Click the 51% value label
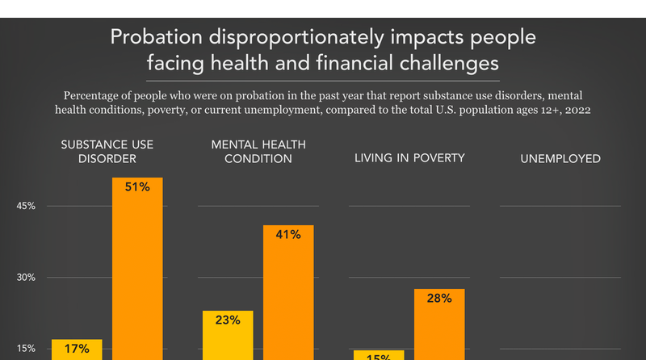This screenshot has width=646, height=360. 137,187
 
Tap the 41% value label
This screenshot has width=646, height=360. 288,235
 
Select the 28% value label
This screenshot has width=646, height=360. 439,299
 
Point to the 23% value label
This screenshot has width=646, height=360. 228,320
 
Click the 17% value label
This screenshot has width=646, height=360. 77,349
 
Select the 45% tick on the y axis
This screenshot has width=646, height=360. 26,206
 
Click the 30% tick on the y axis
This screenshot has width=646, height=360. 26,278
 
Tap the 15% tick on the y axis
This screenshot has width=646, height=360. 26,349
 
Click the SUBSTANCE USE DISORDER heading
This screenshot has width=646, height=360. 107,151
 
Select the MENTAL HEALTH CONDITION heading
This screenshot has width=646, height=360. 251,151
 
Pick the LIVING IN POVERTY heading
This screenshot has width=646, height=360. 409,157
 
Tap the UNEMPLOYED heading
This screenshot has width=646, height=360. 560,159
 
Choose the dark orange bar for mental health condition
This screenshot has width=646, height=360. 288,299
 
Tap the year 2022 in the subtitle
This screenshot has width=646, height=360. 575,108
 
